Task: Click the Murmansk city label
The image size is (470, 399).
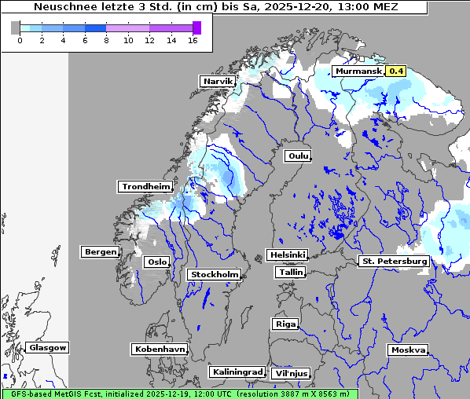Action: coord(358,71)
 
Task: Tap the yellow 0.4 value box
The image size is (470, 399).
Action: coord(396,71)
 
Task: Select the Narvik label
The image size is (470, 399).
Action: coord(218,82)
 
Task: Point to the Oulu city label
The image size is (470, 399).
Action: coord(298,156)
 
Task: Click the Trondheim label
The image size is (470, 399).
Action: coord(145,187)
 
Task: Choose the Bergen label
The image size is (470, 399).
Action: coord(100,252)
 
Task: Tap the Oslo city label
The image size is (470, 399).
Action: coord(156,262)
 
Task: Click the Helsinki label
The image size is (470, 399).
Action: coord(287,255)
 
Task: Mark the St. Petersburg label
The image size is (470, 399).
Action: coord(393,261)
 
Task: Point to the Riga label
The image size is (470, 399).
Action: coord(285,324)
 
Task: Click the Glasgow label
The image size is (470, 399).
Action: coord(48,348)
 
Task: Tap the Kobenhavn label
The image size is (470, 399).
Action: coord(160,349)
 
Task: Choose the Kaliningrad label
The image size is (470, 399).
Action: coord(237,372)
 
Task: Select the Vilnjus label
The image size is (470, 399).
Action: coord(291,374)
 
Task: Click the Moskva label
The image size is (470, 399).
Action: coord(409,350)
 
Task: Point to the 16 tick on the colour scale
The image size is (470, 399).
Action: coord(192,40)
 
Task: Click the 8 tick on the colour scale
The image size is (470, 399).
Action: coord(105,40)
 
